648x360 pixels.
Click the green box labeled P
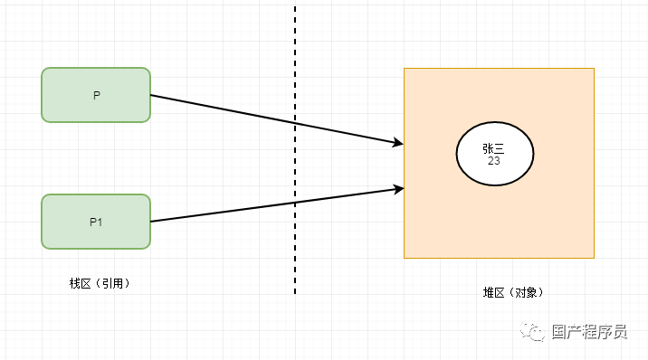[96, 95]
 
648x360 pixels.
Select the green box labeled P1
[96, 222]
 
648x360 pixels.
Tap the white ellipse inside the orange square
[495, 154]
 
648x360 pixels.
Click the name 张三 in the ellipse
[494, 148]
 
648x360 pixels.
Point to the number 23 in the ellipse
[494, 161]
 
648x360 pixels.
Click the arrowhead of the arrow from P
[397, 142]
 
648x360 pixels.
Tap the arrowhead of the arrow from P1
[397, 189]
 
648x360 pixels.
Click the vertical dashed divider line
[295, 54]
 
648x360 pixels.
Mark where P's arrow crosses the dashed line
[295, 123]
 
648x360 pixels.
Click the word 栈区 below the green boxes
[81, 283]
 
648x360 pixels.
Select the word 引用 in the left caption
[114, 283]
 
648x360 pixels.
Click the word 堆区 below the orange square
[493, 292]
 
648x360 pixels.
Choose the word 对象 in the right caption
[525, 292]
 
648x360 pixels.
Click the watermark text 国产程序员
[589, 332]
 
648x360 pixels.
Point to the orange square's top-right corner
[594, 68]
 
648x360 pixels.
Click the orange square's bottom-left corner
[404, 258]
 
